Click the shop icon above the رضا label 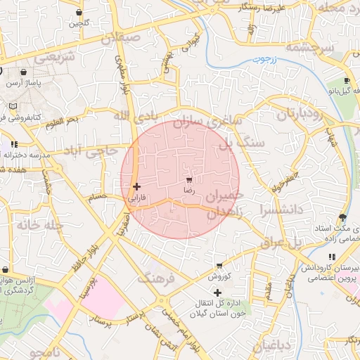(x=188, y=180)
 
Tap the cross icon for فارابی (x=136, y=186)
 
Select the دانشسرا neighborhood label (x=281, y=209)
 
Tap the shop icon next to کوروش (x=220, y=266)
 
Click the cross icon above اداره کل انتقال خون (x=217, y=292)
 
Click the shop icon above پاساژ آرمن (x=24, y=72)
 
